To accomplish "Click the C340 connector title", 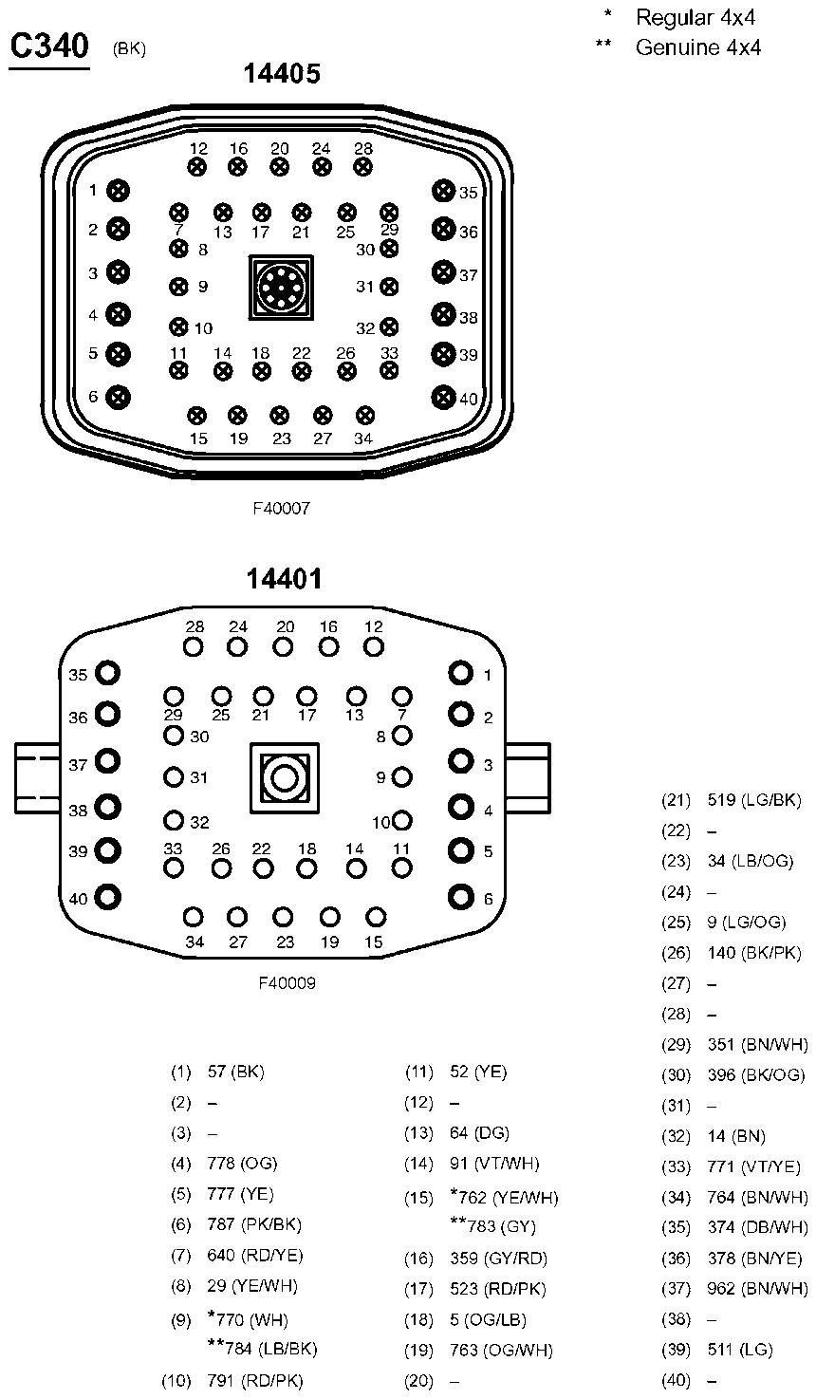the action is (50, 47).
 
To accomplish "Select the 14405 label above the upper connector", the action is (282, 74).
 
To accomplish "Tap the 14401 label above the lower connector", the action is (284, 579).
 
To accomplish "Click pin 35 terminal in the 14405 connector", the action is (443, 190).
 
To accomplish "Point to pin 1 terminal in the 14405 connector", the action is (118, 191).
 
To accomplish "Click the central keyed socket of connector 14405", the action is (281, 288).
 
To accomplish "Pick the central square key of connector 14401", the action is (285, 778).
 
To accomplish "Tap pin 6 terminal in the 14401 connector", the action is (461, 897).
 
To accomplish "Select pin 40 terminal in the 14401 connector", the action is (107, 898).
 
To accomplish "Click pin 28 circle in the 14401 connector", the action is (194, 647).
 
